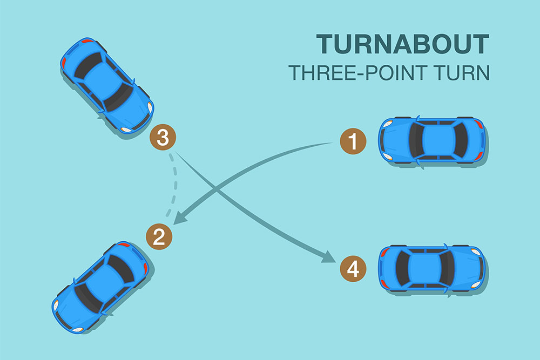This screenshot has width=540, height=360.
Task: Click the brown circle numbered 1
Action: click(x=353, y=142)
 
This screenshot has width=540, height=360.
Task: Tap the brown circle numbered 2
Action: click(x=159, y=237)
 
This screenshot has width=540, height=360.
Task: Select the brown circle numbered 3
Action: click(x=163, y=138)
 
